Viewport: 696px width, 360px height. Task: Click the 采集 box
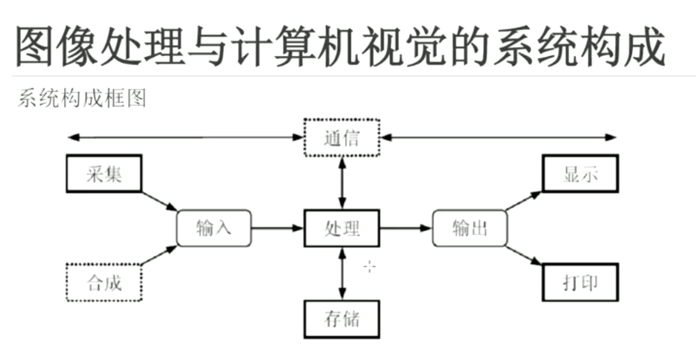[103, 174]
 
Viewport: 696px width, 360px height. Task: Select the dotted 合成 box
[103, 282]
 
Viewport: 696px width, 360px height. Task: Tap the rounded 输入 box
[214, 228]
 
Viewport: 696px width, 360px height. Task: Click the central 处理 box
[342, 228]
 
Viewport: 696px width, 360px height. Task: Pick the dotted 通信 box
[342, 138]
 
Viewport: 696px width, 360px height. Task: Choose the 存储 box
[342, 319]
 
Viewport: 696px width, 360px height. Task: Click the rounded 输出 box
[470, 228]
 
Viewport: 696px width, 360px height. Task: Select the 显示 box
[580, 174]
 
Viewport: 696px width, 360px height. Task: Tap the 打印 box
[580, 282]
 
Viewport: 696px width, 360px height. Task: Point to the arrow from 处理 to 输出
[406, 228]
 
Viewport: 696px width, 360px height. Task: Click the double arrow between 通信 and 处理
[342, 183]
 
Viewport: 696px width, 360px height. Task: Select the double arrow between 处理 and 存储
[342, 274]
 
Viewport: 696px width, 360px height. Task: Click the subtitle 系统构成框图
[82, 99]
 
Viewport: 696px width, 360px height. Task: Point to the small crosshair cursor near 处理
[370, 266]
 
